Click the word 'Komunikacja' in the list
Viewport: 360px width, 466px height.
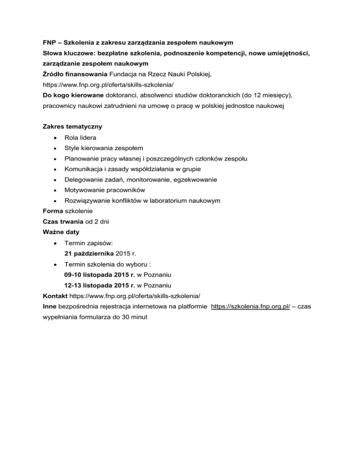pos(84,169)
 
